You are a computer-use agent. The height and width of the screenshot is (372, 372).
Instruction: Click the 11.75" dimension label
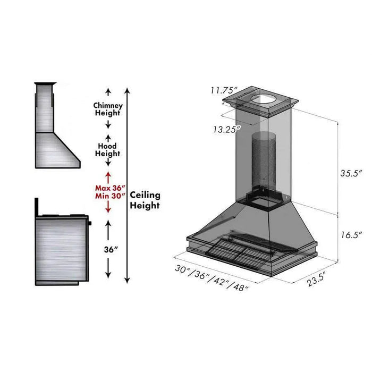click(x=223, y=90)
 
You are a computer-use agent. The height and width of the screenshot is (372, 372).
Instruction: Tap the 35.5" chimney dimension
click(x=351, y=173)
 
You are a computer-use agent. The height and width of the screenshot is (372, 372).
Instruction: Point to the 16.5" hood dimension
click(x=351, y=234)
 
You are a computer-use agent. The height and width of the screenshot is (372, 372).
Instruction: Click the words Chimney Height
click(x=108, y=109)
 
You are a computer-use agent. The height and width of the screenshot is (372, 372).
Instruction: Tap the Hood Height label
click(x=108, y=149)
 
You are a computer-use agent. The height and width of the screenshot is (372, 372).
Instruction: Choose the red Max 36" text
click(x=109, y=188)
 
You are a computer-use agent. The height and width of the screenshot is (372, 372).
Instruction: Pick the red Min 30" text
click(x=109, y=196)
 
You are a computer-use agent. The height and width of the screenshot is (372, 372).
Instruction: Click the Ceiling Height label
click(x=145, y=200)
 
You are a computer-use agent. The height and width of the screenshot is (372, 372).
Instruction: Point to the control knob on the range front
click(x=90, y=222)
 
